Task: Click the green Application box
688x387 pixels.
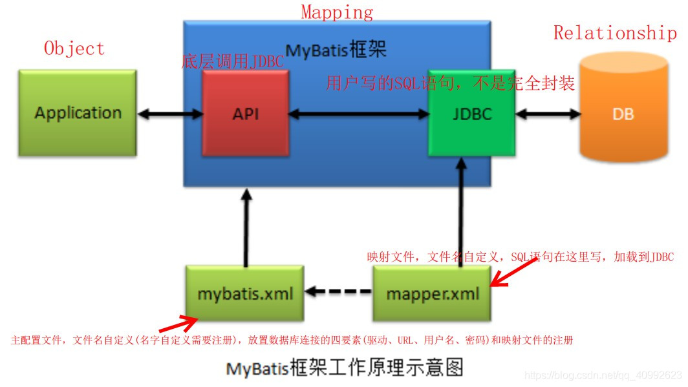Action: coord(78,112)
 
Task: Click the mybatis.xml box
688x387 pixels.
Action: coord(245,293)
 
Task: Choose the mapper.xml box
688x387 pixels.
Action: coord(433,293)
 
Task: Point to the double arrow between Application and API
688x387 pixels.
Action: coord(170,114)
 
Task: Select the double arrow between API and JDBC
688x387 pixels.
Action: coord(359,114)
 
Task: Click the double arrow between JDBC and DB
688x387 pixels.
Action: coord(548,114)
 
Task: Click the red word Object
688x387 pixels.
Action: coord(74,48)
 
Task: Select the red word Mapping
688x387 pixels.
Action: coord(337,12)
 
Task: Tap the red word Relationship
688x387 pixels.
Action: coord(615,32)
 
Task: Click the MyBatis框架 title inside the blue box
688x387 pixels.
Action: coord(336,50)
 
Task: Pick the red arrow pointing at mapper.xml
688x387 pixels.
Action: coord(513,271)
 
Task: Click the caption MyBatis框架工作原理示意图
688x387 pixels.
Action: coord(345,368)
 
